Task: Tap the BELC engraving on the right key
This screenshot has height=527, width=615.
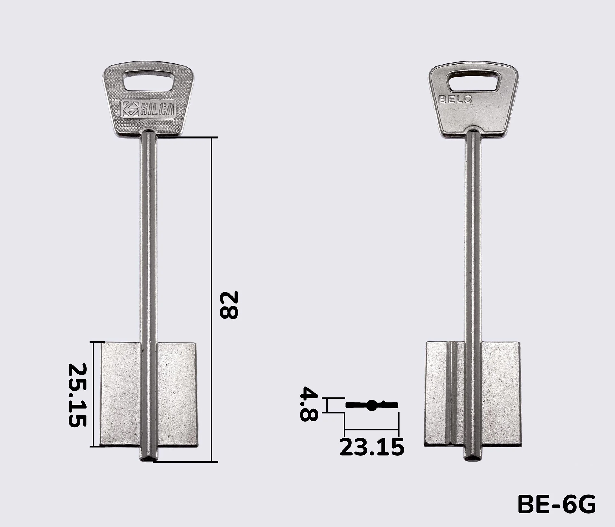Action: tap(455, 99)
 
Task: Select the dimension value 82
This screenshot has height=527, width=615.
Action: tap(229, 305)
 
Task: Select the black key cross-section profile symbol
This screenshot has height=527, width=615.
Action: tap(372, 405)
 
